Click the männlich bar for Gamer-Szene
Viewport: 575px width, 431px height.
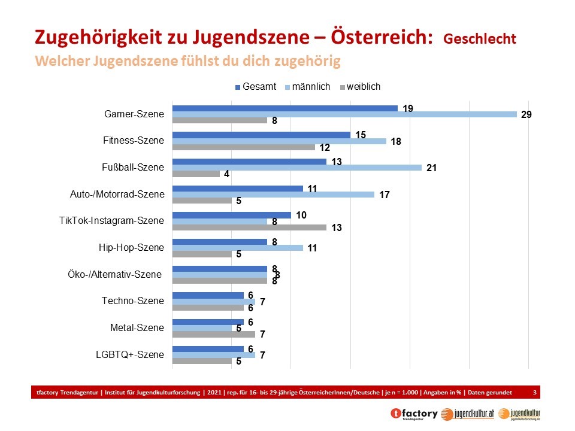[x=344, y=114]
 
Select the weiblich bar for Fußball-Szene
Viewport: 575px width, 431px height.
[x=196, y=174]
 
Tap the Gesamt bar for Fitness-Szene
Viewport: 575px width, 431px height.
[x=261, y=135]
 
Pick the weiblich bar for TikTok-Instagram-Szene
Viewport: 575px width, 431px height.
[x=249, y=227]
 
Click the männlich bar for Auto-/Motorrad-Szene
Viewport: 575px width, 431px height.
[x=273, y=195]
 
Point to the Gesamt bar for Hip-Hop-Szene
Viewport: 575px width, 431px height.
[x=220, y=242]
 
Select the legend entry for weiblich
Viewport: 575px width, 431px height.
[x=360, y=87]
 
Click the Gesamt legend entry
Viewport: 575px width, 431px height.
[x=256, y=87]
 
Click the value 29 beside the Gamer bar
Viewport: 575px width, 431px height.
[x=527, y=114]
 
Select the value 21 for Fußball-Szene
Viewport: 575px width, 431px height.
[x=431, y=168]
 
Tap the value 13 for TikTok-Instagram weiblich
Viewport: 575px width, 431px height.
[x=337, y=227]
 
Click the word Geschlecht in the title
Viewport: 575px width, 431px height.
[x=480, y=39]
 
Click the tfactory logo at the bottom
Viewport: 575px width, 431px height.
[x=413, y=414]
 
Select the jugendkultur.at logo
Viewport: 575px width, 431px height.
[x=467, y=414]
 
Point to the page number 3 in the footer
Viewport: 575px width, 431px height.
[x=535, y=392]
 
